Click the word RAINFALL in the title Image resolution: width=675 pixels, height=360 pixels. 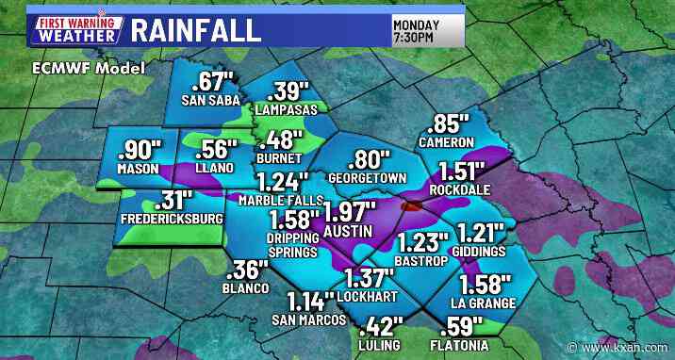tap(195, 27)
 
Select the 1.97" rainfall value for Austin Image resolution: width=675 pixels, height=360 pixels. tap(350, 211)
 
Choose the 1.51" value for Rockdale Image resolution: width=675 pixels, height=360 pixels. tap(457, 170)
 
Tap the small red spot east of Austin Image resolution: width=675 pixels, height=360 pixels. tap(407, 204)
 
